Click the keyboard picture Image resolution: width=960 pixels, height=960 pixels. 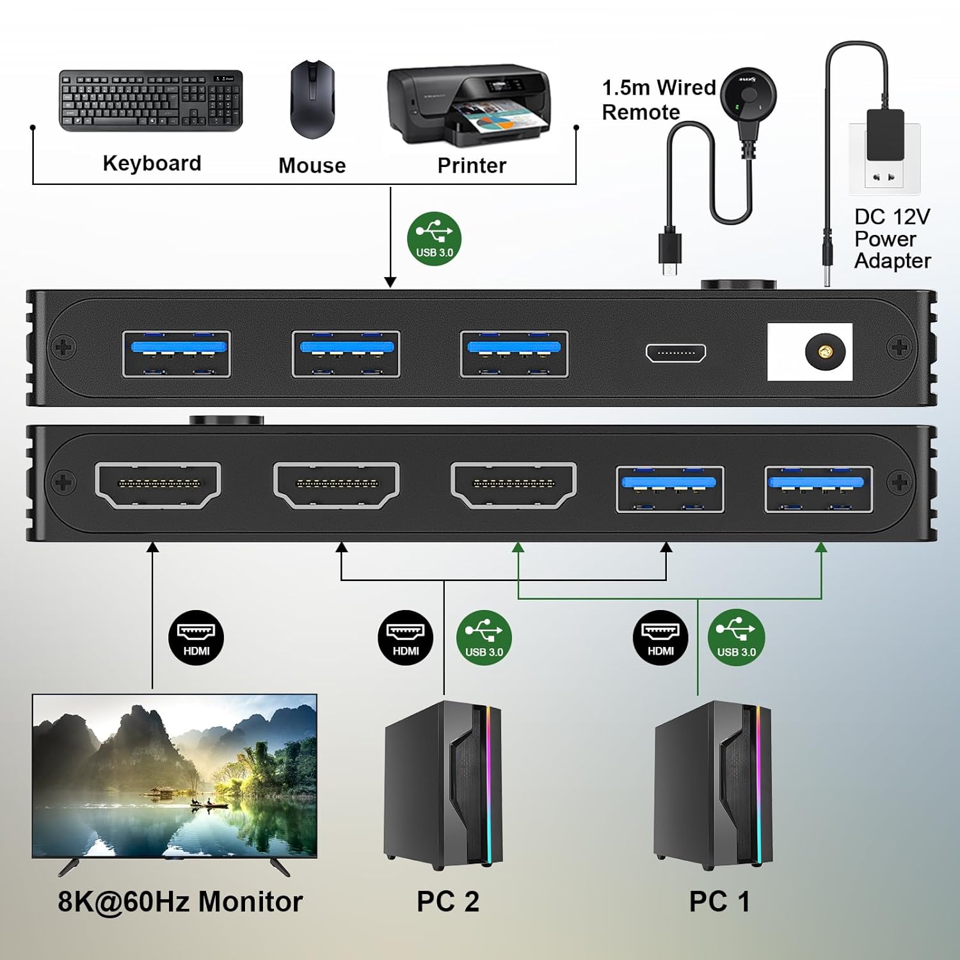pos(151,100)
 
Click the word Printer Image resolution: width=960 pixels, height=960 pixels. pos(472,166)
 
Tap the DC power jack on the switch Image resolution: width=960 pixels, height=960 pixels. pos(825,352)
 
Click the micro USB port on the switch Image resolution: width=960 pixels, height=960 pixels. pos(676,353)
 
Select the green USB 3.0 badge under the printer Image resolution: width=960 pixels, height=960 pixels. pos(435,239)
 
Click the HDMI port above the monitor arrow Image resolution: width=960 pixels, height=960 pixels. pos(158,484)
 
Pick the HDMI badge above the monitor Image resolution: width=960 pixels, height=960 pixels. pos(196,637)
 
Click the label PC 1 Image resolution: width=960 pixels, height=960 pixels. pos(719,901)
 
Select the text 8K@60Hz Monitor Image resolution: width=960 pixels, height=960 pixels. pos(180,901)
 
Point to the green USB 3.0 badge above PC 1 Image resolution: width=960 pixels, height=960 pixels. pos(736,637)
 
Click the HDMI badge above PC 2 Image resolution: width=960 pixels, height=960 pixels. pos(406,637)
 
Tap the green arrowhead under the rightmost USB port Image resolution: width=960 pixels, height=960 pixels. pos(821,547)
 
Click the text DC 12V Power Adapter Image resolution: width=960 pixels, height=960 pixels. pos(892,239)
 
